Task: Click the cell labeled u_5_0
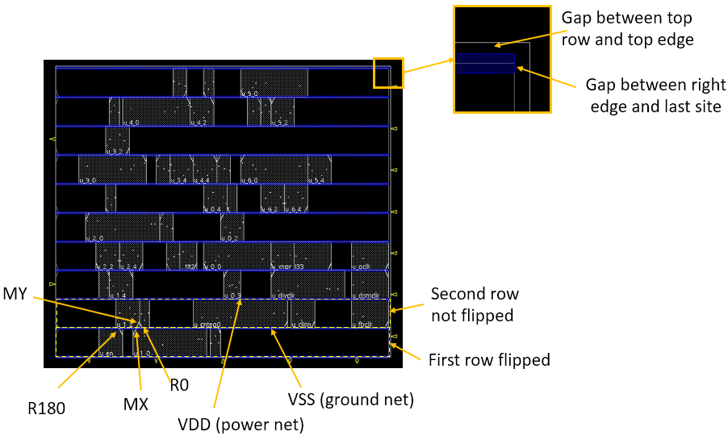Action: tap(274, 82)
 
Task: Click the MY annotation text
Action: tap(16, 291)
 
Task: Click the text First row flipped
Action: tap(489, 360)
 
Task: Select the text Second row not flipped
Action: tap(475, 304)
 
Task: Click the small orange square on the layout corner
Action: tap(387, 72)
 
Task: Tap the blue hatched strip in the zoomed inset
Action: tap(485, 64)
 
